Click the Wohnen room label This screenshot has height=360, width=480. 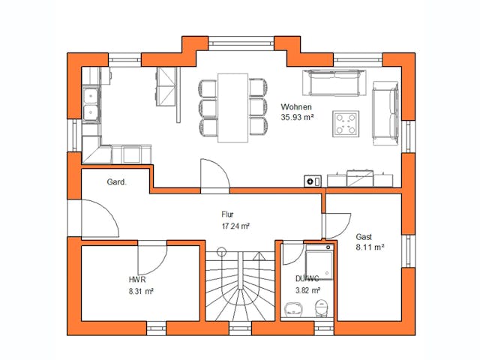pos(296,107)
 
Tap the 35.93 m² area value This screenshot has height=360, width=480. pos(296,118)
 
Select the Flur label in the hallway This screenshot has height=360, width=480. pos(228,214)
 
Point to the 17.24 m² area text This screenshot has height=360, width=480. pos(235,225)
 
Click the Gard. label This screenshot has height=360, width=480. pos(116,182)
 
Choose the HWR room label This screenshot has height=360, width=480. pos(137,279)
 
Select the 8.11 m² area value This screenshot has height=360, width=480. pos(370,246)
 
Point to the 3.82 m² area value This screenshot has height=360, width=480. pos(307,289)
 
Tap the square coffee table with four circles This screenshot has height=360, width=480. pos(346,124)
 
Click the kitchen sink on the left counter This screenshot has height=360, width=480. pos(91,104)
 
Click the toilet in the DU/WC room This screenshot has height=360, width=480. pos(321,307)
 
